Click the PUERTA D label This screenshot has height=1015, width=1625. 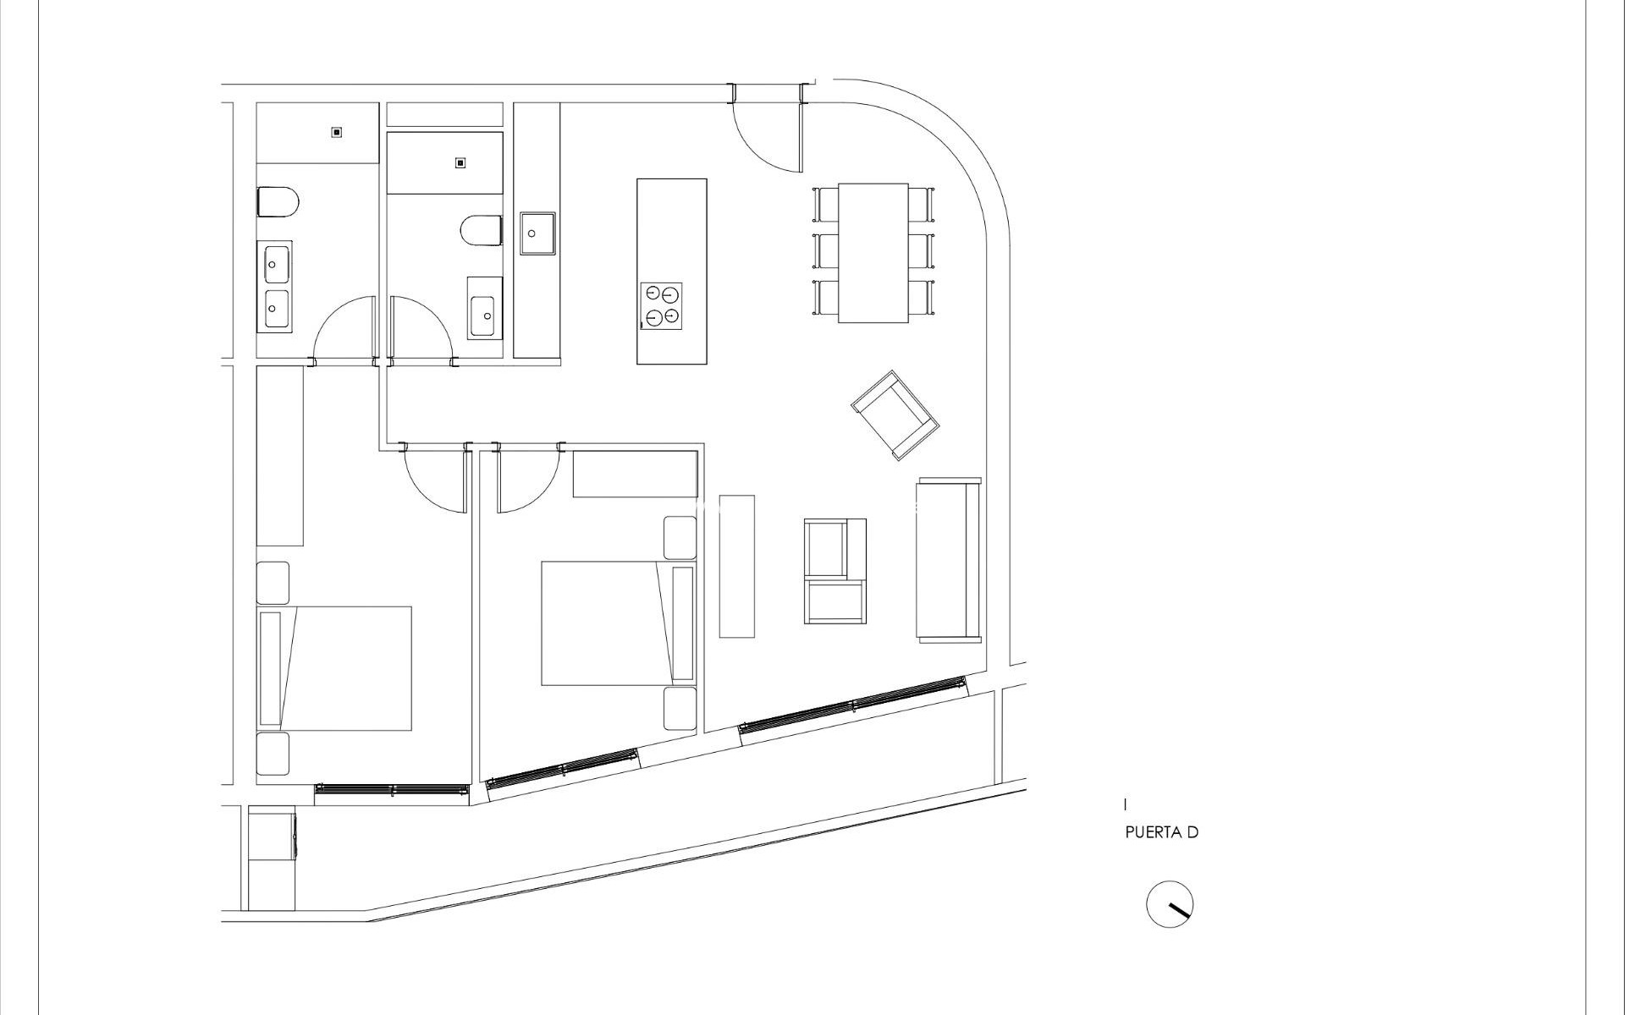[1161, 832]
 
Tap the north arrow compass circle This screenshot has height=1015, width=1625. [1170, 904]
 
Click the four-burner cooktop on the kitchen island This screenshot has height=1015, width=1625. [662, 305]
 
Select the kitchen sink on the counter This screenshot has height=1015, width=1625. [537, 233]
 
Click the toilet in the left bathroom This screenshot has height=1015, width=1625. [278, 202]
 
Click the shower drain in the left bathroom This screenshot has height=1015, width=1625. [337, 132]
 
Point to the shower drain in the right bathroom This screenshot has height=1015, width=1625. [460, 162]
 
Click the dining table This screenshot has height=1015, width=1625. [873, 252]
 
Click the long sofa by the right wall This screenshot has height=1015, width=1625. [948, 560]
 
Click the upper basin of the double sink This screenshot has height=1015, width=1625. [275, 264]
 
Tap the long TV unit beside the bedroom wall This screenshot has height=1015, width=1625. [736, 566]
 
